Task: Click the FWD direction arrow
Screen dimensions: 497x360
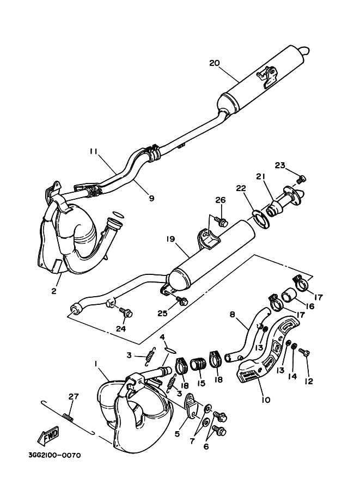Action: point(47,435)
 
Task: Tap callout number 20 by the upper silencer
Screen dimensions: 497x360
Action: point(214,63)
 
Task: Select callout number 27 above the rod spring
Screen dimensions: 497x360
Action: point(73,397)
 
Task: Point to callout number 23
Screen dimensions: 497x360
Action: point(280,165)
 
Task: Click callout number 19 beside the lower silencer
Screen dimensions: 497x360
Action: point(170,238)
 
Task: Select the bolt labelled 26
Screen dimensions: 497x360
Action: point(222,222)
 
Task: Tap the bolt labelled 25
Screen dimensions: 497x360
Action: point(183,301)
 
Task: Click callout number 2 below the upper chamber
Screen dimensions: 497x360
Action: point(54,291)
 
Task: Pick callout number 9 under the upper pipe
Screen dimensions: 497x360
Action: point(151,198)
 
